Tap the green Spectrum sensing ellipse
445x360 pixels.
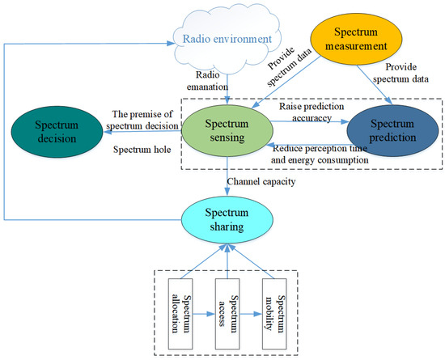[220, 133]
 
